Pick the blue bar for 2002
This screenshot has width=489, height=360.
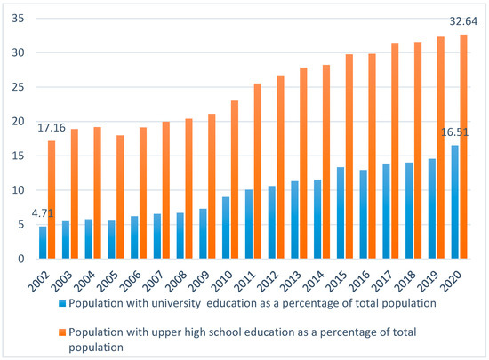coord(43,243)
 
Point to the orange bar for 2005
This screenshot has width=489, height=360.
coord(120,197)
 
